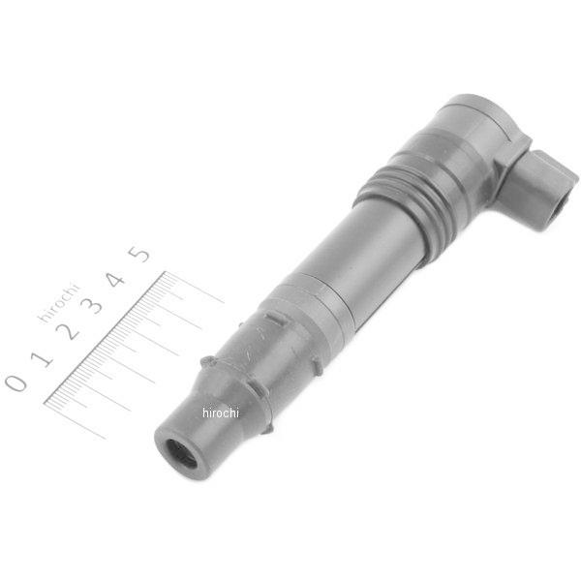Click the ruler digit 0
point(16,382)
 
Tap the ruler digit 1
point(42,359)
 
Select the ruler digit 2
point(69,331)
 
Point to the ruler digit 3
point(92,305)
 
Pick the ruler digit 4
point(115,280)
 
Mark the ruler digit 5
point(138,254)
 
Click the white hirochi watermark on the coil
point(221,413)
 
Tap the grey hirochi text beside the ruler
point(59,303)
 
